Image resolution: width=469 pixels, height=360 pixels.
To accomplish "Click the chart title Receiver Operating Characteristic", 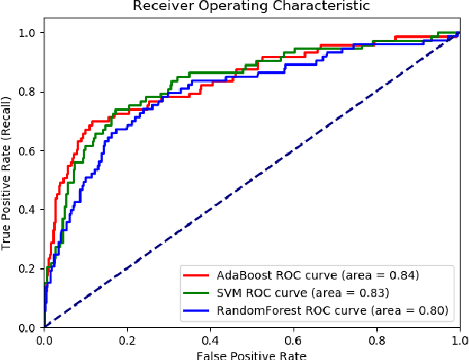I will pos(251,7).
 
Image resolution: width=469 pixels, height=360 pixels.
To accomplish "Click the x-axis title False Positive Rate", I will pos(251,355).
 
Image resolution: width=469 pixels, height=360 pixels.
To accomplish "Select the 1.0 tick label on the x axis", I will pos(458,339).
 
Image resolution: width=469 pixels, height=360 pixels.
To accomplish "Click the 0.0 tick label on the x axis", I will pos(44,339).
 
